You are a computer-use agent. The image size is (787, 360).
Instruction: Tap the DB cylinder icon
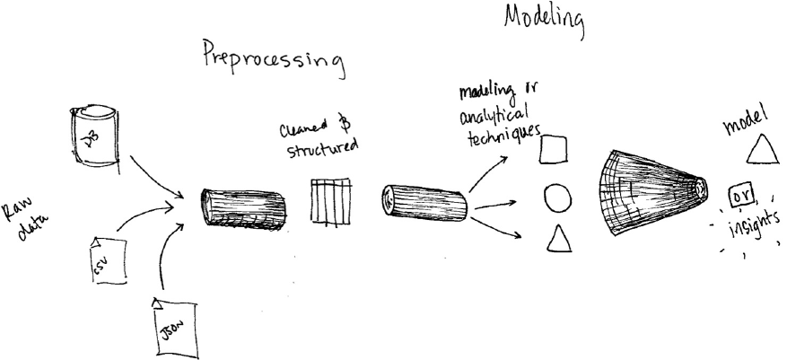click(93, 136)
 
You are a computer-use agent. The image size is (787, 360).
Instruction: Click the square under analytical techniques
click(553, 149)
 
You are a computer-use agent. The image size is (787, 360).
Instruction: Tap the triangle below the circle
click(558, 238)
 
